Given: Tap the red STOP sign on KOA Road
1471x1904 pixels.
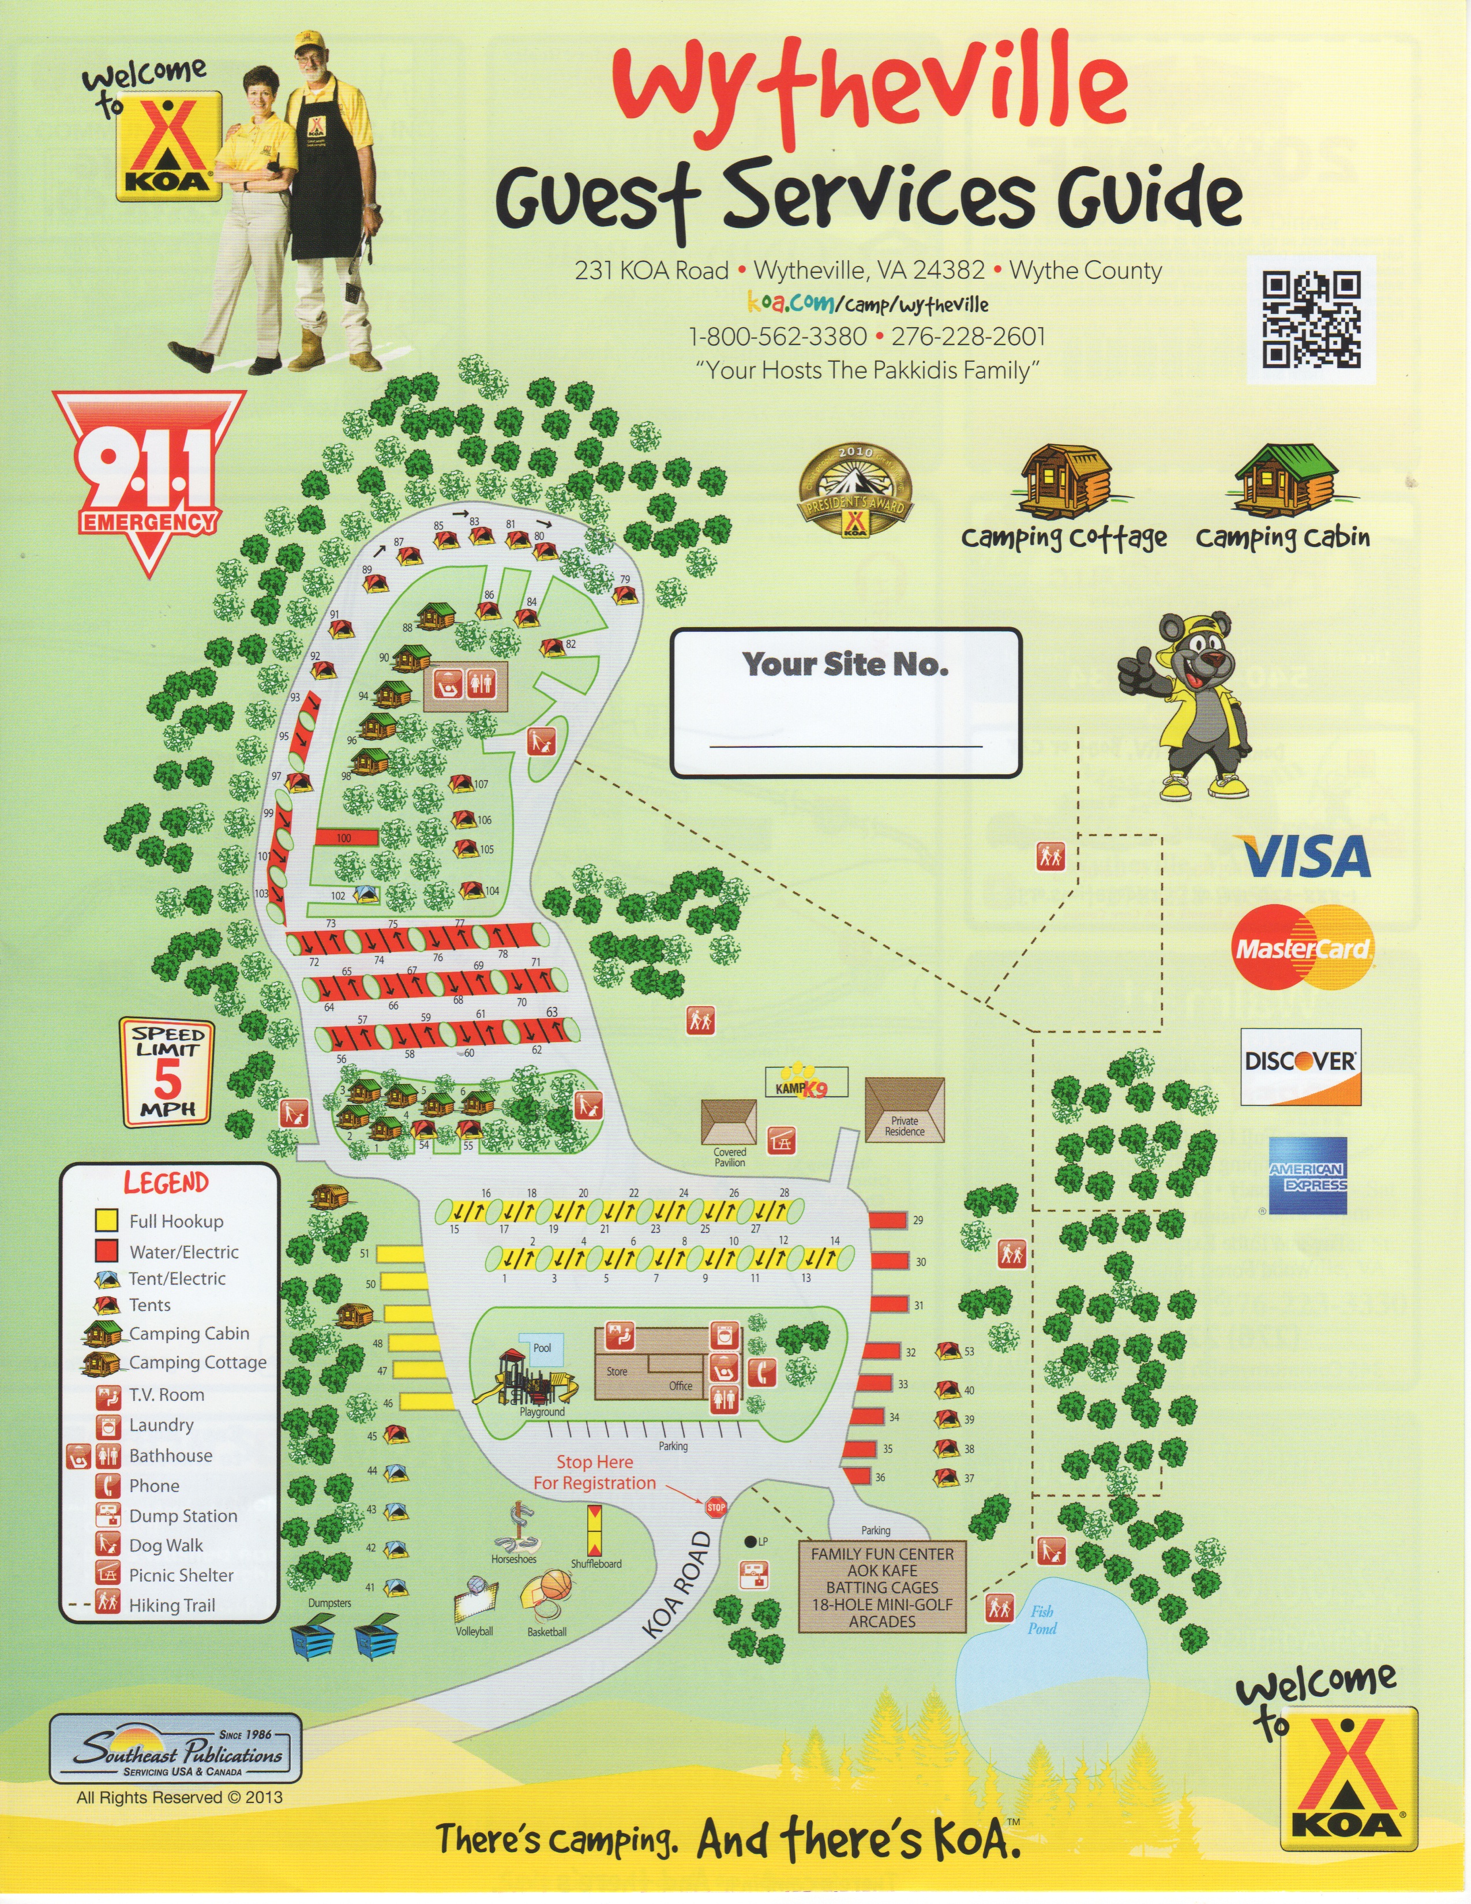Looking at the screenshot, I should coord(715,1506).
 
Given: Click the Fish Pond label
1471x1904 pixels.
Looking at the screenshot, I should coord(1041,1619).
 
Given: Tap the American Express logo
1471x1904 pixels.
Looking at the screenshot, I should coord(1307,1175).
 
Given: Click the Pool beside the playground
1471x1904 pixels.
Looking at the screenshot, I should coord(541,1348).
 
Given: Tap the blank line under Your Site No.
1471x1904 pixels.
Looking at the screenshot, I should coord(845,746).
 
